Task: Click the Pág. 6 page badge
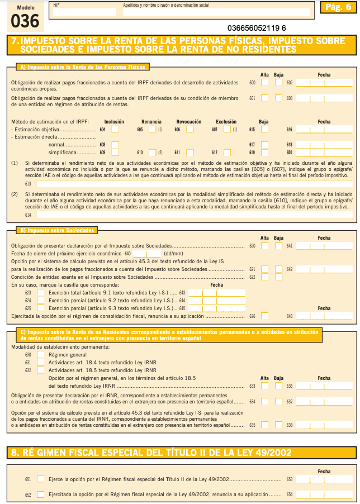(337, 7)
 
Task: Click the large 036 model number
(25, 21)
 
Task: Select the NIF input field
(84, 12)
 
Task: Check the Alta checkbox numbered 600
(264, 83)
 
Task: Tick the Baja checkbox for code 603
(279, 98)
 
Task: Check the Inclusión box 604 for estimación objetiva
(115, 129)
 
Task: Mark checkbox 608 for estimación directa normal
(115, 144)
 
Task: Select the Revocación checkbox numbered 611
(191, 152)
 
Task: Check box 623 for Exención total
(41, 292)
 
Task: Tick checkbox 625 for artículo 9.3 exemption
(41, 308)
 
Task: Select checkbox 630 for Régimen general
(41, 354)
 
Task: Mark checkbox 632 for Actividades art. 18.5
(41, 370)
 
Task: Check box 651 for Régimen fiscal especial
(41, 479)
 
